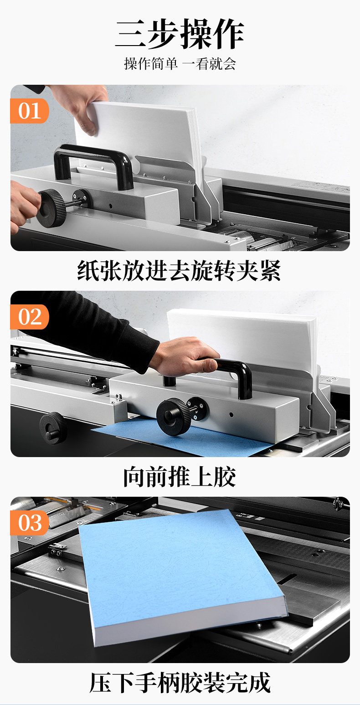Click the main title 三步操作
(x=180, y=34)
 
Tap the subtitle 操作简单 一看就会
(x=180, y=64)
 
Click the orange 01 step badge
(x=30, y=111)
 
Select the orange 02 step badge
(x=30, y=317)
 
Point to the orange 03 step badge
(x=30, y=523)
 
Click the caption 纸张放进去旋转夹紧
(x=179, y=271)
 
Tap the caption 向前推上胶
(x=180, y=477)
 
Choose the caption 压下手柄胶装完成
(x=180, y=683)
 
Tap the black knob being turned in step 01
(x=52, y=208)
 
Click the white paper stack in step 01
(x=142, y=139)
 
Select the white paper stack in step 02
(x=242, y=340)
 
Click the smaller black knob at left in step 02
(x=53, y=428)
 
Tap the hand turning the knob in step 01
(x=24, y=206)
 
